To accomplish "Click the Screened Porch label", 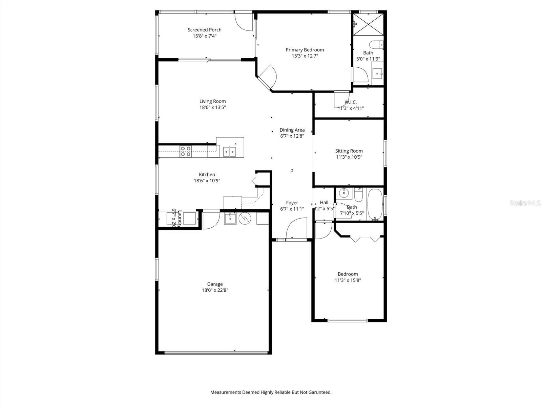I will click(x=204, y=30).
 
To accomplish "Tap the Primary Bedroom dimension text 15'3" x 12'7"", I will click(x=305, y=56).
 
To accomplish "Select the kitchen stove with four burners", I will click(x=185, y=151).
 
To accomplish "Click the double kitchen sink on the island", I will click(x=230, y=151).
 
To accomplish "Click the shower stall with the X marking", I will click(x=368, y=24).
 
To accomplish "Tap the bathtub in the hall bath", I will click(x=375, y=204).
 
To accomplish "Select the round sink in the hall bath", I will click(x=344, y=193).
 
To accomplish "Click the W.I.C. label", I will click(x=351, y=102).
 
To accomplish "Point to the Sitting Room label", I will click(x=349, y=151).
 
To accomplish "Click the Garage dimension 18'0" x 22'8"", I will click(x=215, y=290).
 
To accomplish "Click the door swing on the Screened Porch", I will click(x=244, y=22).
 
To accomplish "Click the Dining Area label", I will click(x=292, y=130).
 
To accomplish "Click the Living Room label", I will click(x=212, y=101).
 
